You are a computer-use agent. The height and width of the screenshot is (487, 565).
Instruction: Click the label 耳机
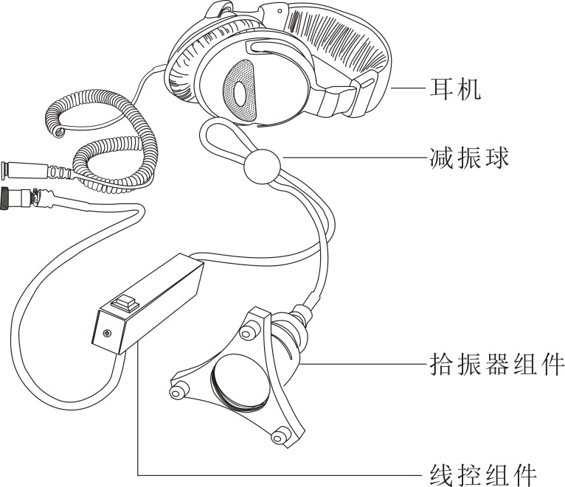coord(455,88)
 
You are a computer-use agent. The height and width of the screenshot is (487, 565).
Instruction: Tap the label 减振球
coord(469,158)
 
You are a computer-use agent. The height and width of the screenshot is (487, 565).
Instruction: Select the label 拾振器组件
coord(496,364)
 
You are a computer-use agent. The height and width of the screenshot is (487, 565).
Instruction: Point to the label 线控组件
coord(483,474)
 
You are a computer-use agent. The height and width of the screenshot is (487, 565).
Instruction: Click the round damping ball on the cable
coord(262,167)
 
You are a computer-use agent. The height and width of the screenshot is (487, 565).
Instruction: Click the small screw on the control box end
coord(107,334)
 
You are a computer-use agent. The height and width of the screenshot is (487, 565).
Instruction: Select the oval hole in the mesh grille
coord(240,94)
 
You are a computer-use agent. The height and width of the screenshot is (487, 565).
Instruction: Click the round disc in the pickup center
coord(240,382)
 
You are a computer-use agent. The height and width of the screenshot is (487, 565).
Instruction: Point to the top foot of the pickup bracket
coord(246,332)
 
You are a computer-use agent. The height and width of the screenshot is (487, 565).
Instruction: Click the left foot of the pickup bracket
coord(177,390)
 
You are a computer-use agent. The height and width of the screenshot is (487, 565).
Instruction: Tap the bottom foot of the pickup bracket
coord(279,435)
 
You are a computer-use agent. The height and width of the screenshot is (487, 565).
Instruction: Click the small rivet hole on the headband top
coord(280,11)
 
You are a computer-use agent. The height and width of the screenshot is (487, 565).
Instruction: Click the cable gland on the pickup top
coord(302,314)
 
